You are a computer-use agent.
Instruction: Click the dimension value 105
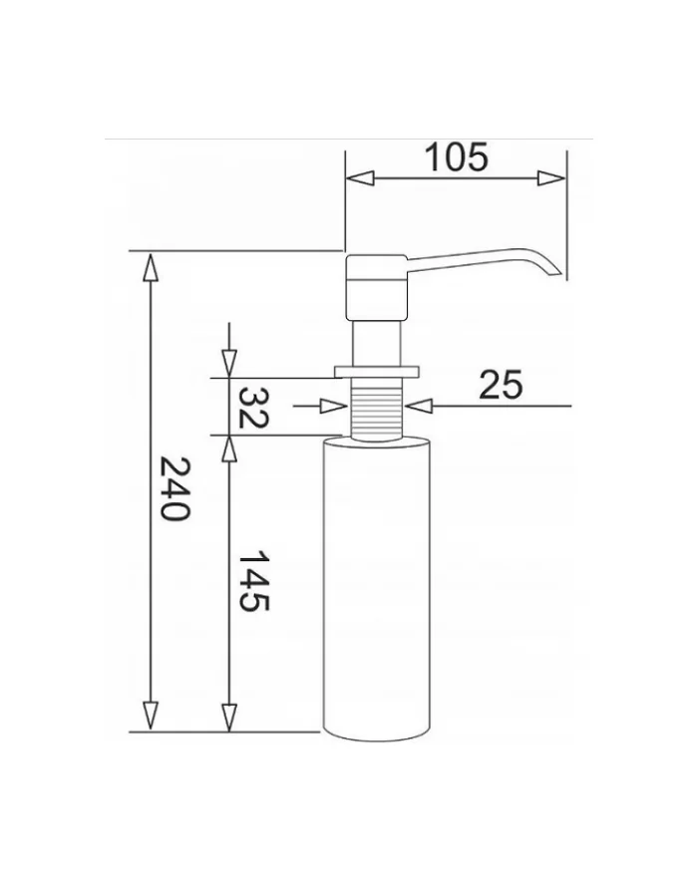tap(457, 157)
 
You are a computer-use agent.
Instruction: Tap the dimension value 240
tap(175, 488)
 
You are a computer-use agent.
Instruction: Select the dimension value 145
tap(254, 581)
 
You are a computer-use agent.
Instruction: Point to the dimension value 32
tap(253, 408)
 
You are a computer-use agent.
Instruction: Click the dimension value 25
tap(501, 385)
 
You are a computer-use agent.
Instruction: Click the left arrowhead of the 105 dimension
tap(359, 178)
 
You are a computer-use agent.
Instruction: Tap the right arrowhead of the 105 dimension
tap(550, 178)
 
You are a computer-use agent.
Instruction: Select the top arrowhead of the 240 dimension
tap(150, 267)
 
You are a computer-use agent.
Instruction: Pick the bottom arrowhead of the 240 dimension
tap(150, 717)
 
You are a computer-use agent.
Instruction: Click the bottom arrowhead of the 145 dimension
tap(228, 718)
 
